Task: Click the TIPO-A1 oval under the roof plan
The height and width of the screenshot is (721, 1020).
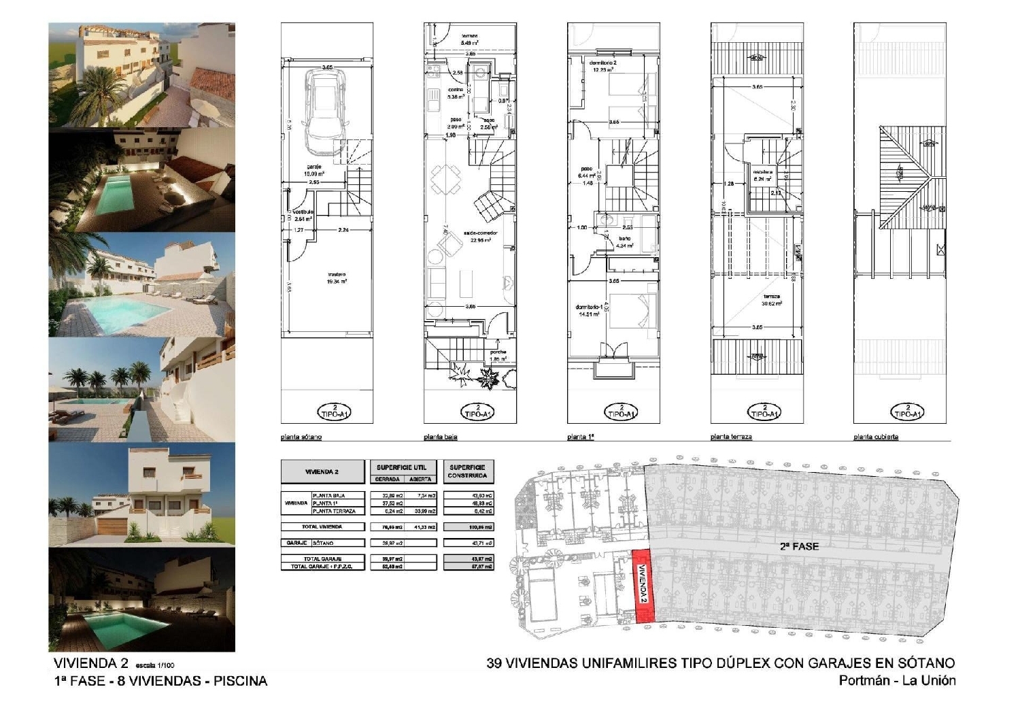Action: tap(906, 411)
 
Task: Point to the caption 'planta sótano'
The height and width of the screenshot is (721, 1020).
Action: tap(301, 437)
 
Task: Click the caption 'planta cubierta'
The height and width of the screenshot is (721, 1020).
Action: tap(876, 437)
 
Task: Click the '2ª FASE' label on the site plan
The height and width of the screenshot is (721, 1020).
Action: tap(799, 546)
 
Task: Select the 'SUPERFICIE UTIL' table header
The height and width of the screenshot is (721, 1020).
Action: tap(401, 468)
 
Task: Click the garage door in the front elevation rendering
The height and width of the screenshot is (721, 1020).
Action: tap(113, 524)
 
